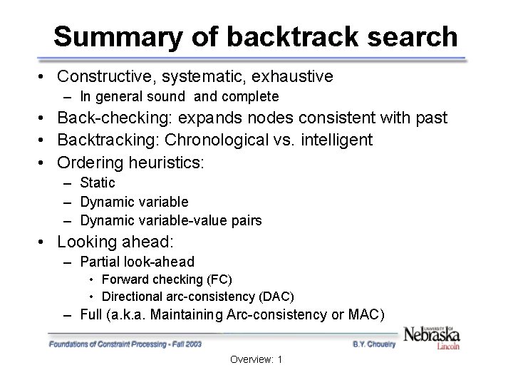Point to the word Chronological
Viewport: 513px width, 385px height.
pos(203,140)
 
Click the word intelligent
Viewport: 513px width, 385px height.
pos(334,140)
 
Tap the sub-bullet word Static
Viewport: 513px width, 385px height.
pos(98,183)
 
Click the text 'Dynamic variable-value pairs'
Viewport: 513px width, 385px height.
pos(171,221)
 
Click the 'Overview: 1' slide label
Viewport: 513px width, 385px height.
pos(256,360)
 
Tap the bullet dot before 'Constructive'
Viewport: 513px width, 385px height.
pos(44,76)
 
